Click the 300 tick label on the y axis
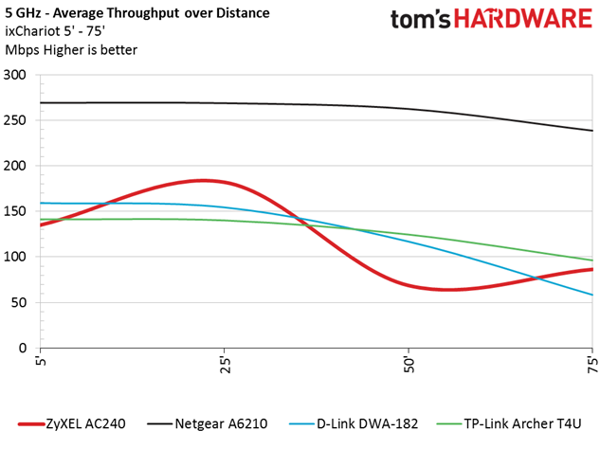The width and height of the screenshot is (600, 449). [17, 75]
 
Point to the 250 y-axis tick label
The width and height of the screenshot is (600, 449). [17, 120]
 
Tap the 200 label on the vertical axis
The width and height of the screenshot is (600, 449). [17, 166]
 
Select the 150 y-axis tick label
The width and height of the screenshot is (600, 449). [17, 211]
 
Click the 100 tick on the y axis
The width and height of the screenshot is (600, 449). [17, 257]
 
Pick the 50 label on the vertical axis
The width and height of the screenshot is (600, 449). [21, 302]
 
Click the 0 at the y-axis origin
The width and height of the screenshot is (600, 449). [25, 348]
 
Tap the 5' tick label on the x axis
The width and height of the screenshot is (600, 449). [40, 361]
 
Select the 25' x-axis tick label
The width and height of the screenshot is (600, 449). [224, 363]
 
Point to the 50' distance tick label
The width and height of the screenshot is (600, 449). [409, 363]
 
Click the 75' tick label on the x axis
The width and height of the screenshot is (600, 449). [592, 363]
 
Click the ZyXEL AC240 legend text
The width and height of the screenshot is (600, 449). [84, 423]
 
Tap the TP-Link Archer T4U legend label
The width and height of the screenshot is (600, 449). [522, 423]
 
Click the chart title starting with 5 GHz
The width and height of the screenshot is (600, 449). [136, 13]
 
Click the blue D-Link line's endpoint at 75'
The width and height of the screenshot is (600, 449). [592, 295]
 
